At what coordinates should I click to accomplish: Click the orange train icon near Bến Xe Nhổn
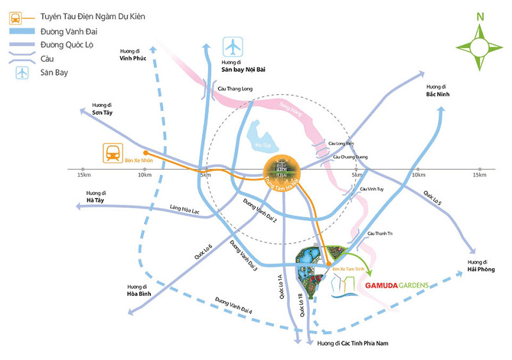pos(113,152)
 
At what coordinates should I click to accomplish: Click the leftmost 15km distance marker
pos(83,175)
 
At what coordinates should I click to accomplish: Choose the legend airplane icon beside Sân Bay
pos(23,72)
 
